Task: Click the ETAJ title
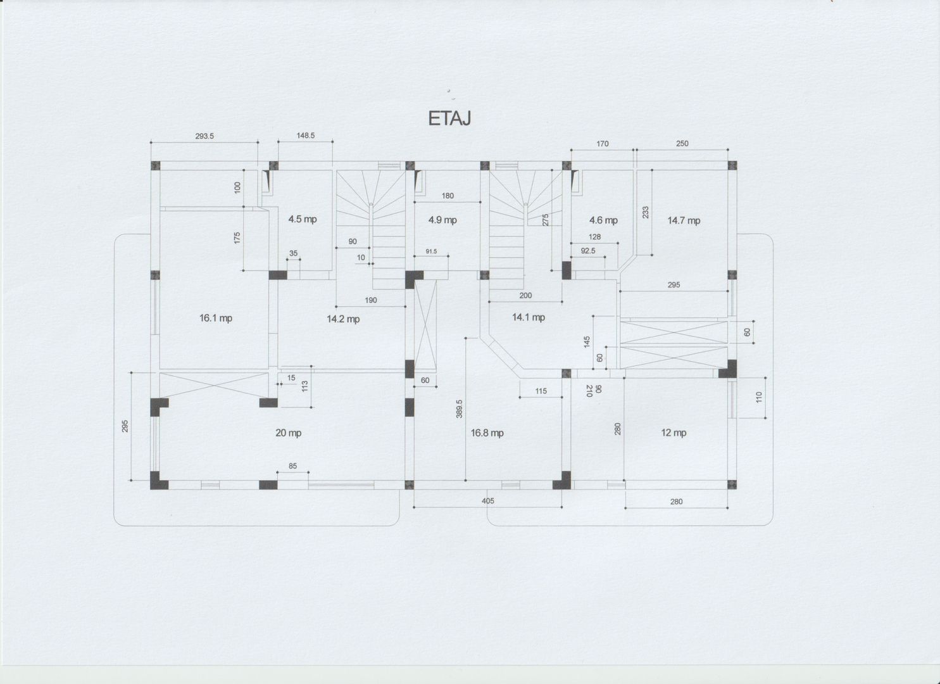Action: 449,118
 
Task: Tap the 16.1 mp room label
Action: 216,318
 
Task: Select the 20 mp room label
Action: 288,433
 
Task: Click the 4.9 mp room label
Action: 442,220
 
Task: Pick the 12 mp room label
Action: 674,433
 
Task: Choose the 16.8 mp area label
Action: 487,433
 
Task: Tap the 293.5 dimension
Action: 204,136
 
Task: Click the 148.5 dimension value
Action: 306,136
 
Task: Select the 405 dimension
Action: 488,501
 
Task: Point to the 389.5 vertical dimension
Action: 459,408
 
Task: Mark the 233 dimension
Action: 646,212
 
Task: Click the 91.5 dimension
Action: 432,251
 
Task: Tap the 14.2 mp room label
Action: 343,319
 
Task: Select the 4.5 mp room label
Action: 303,219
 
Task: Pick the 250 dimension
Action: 682,144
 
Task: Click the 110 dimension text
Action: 758,397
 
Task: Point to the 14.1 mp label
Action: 529,317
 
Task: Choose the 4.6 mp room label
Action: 603,220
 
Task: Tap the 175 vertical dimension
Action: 237,237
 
